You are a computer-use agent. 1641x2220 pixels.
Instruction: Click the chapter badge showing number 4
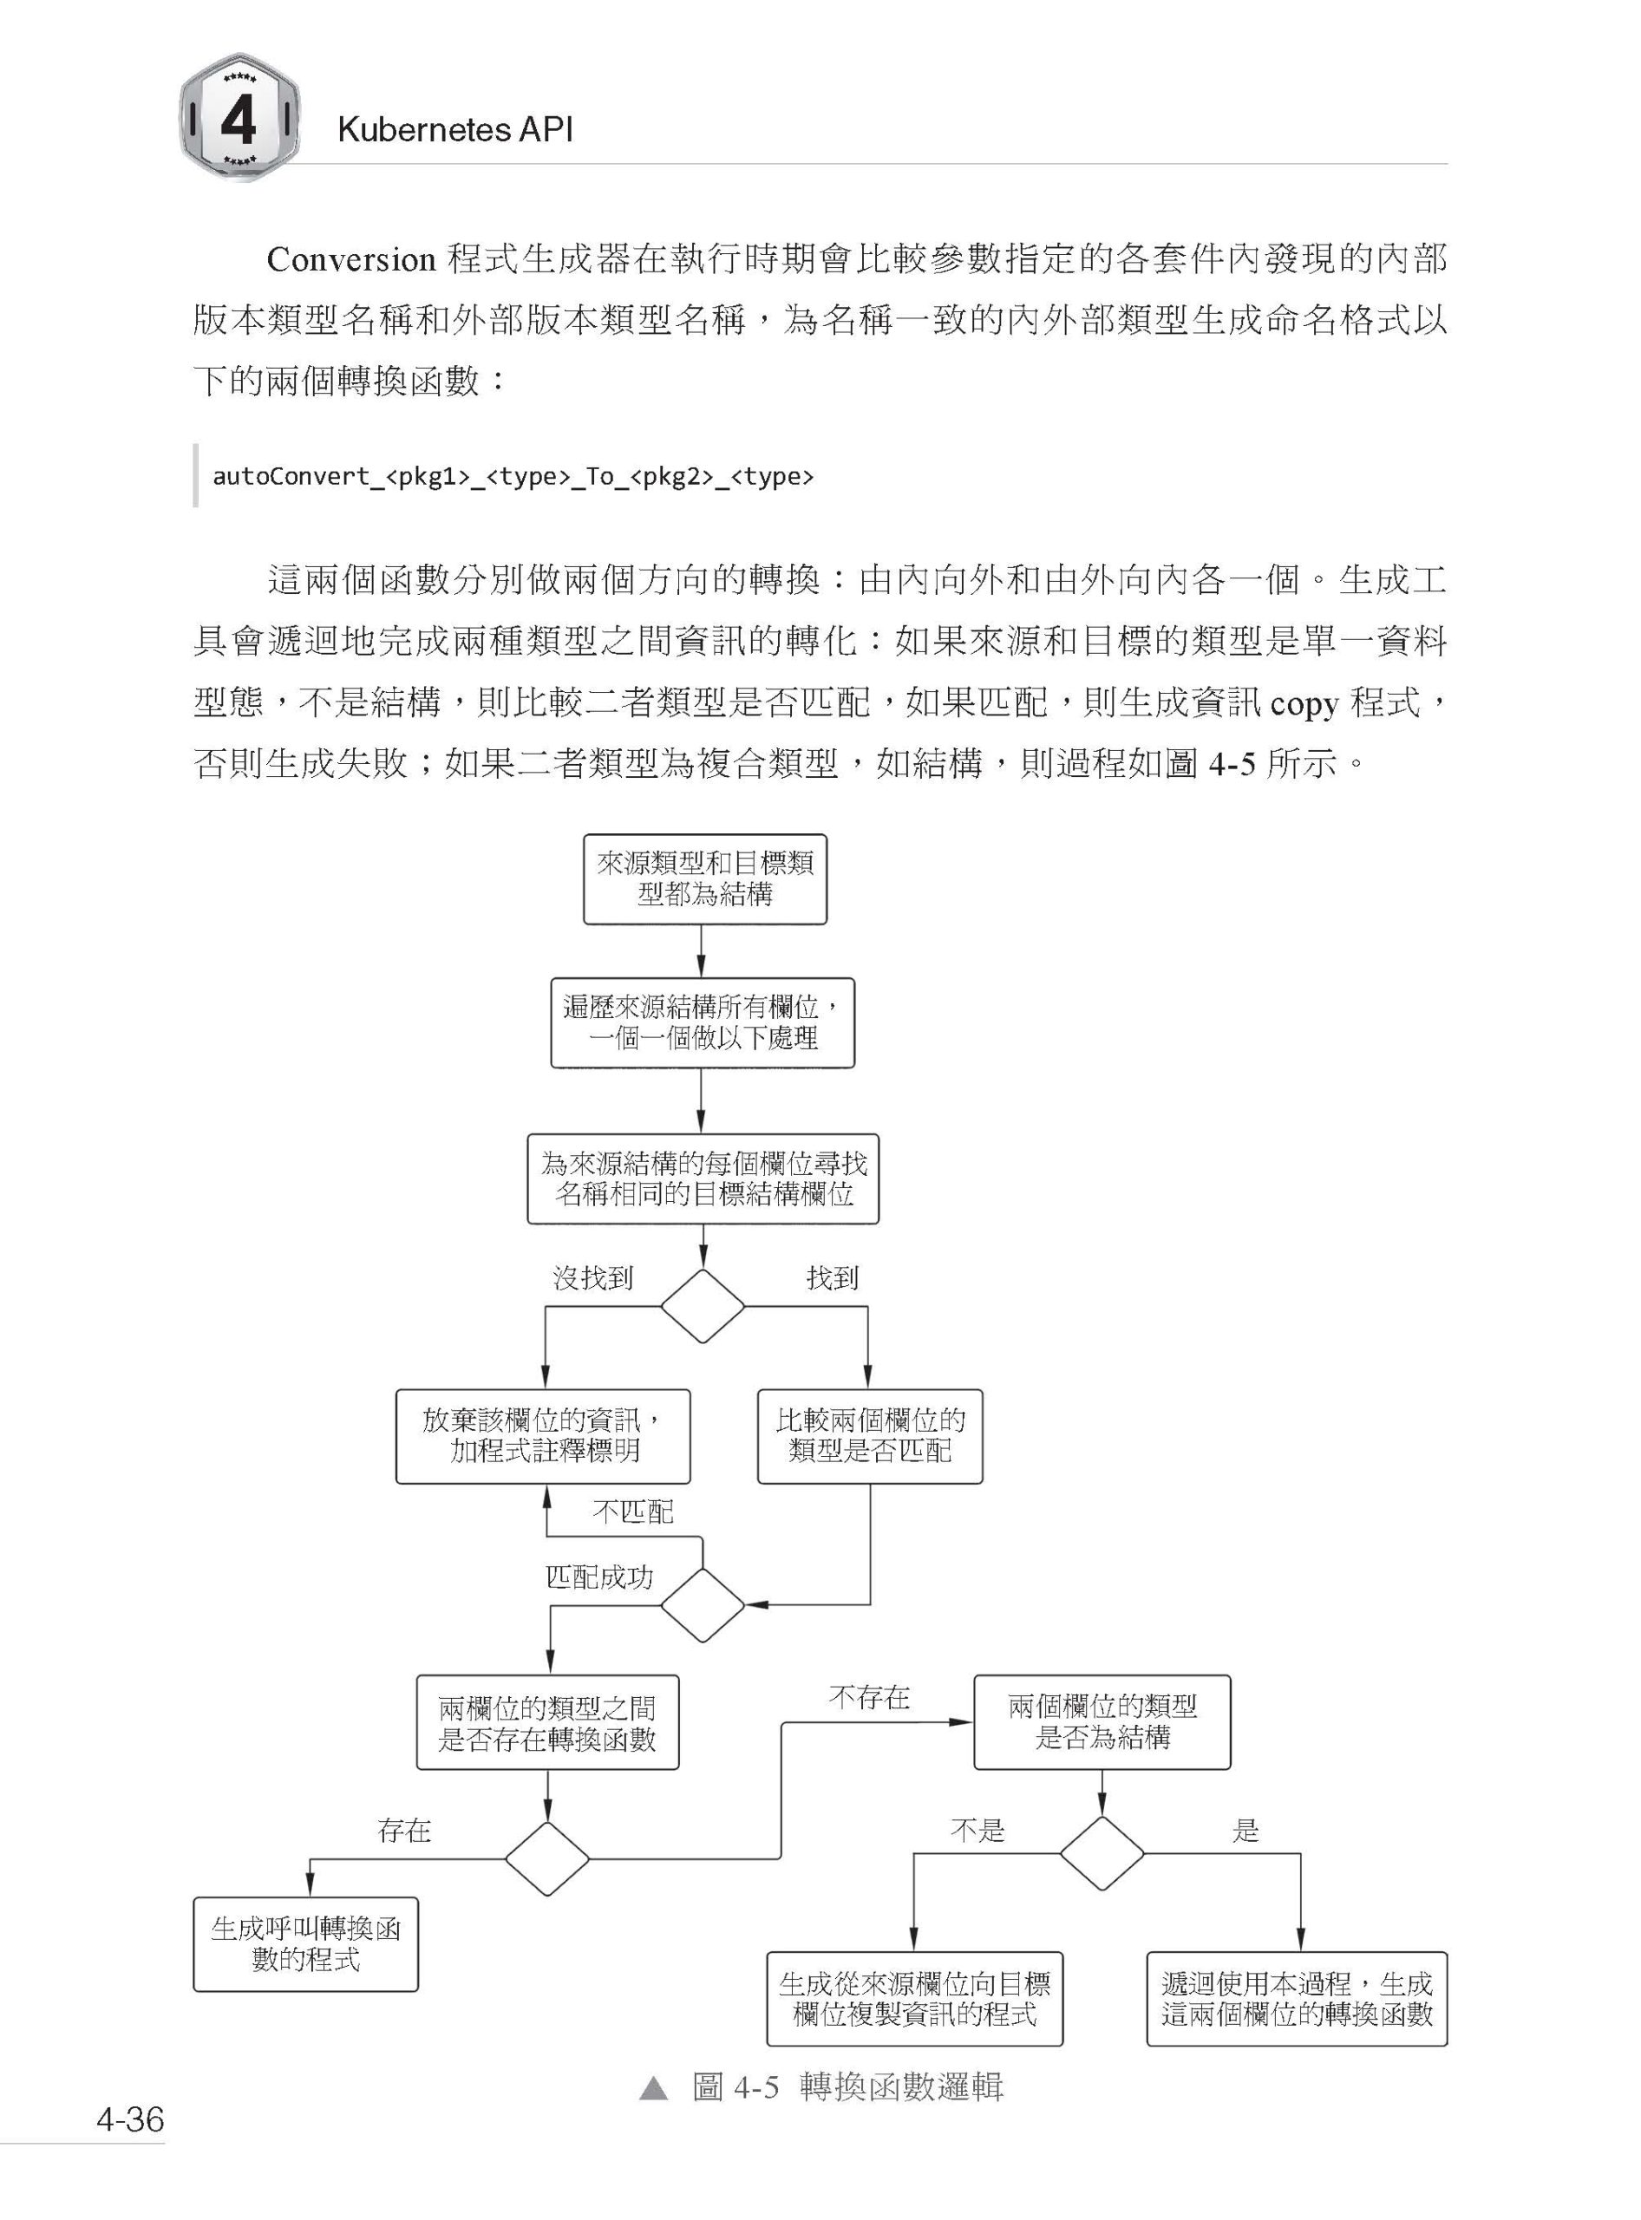(x=239, y=117)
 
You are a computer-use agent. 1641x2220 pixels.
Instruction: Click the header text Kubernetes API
(x=455, y=129)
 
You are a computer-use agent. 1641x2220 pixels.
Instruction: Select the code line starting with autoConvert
(x=513, y=476)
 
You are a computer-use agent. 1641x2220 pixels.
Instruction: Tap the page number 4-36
(x=130, y=2119)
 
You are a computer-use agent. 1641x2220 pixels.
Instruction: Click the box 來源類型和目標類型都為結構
(x=704, y=879)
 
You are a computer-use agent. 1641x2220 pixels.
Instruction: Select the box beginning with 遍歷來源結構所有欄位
(x=703, y=1023)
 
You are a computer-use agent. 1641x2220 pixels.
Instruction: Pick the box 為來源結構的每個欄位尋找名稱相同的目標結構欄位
(x=703, y=1179)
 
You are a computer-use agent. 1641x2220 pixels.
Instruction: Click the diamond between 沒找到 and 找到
(x=703, y=1306)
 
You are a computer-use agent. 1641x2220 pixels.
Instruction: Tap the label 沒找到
(x=593, y=1277)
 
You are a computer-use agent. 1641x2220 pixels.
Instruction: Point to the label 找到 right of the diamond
(x=833, y=1277)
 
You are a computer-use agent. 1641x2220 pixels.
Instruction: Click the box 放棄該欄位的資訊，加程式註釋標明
(x=542, y=1436)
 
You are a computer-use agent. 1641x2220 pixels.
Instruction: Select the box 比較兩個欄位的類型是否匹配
(x=870, y=1436)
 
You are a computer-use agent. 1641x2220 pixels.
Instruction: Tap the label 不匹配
(x=633, y=1512)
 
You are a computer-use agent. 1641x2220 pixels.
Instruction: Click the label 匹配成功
(x=600, y=1577)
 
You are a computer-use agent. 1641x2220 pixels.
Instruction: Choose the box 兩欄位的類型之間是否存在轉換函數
(x=547, y=1723)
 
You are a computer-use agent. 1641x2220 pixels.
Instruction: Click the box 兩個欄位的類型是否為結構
(x=1102, y=1722)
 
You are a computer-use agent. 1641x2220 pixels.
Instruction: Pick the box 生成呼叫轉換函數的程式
(x=306, y=1945)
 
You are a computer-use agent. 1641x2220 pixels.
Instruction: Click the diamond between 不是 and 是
(x=1102, y=1852)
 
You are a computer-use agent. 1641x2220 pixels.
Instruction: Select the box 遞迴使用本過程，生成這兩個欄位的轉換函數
(x=1297, y=1999)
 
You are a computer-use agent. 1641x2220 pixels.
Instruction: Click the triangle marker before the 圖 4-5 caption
(x=654, y=2088)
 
